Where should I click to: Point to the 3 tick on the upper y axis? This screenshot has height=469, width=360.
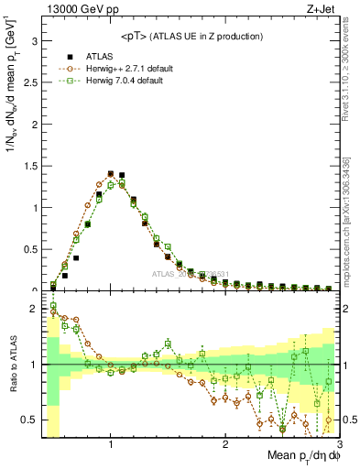(x=34, y=41)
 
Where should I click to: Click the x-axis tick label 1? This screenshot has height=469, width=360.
(x=111, y=445)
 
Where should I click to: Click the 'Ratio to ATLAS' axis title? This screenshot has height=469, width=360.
(x=12, y=365)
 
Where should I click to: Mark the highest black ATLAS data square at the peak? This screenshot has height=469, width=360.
(x=111, y=172)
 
